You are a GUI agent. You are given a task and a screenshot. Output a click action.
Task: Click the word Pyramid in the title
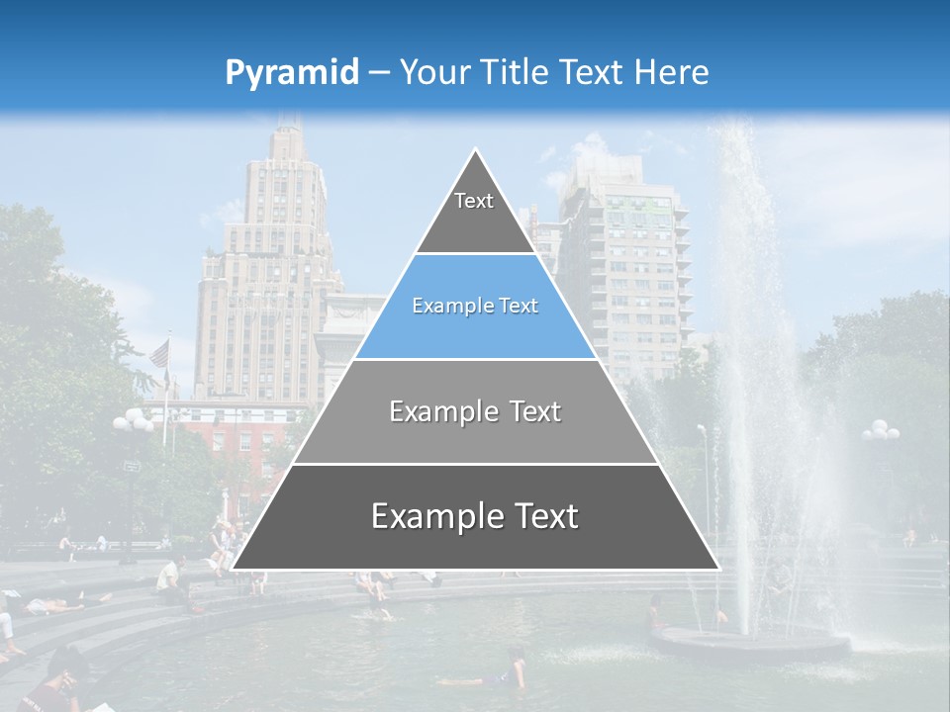pyautogui.click(x=292, y=73)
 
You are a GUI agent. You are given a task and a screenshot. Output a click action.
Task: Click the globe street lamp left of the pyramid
pyautogui.click(x=133, y=423)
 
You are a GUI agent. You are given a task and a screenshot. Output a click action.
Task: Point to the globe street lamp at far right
pyautogui.click(x=880, y=431)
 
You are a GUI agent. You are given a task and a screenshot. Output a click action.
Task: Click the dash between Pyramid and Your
pyautogui.click(x=378, y=73)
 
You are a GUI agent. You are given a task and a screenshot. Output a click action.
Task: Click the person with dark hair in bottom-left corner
pyautogui.click(x=54, y=682)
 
